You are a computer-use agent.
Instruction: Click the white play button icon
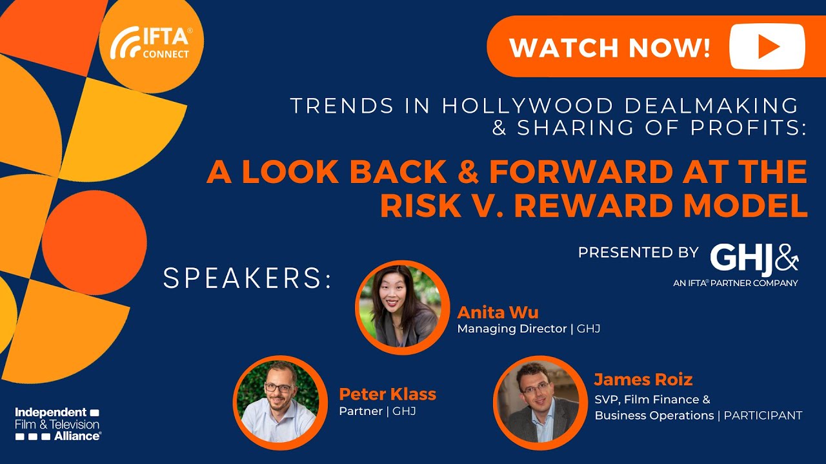(x=767, y=46)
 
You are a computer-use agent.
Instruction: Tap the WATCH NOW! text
(x=610, y=48)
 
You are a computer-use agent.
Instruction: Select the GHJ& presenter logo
(x=754, y=258)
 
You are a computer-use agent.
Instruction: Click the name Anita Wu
(x=498, y=313)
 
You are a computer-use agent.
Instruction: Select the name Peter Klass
(x=387, y=394)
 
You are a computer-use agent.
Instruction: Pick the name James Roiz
(x=643, y=379)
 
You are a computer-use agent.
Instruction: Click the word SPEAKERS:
(x=247, y=278)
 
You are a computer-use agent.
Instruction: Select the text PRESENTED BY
(x=638, y=252)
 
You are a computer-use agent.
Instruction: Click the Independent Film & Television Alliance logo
(x=58, y=423)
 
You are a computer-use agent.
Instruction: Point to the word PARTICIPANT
(x=763, y=416)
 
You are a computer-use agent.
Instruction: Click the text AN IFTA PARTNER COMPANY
(x=735, y=283)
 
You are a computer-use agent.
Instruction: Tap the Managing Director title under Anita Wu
(x=513, y=329)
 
